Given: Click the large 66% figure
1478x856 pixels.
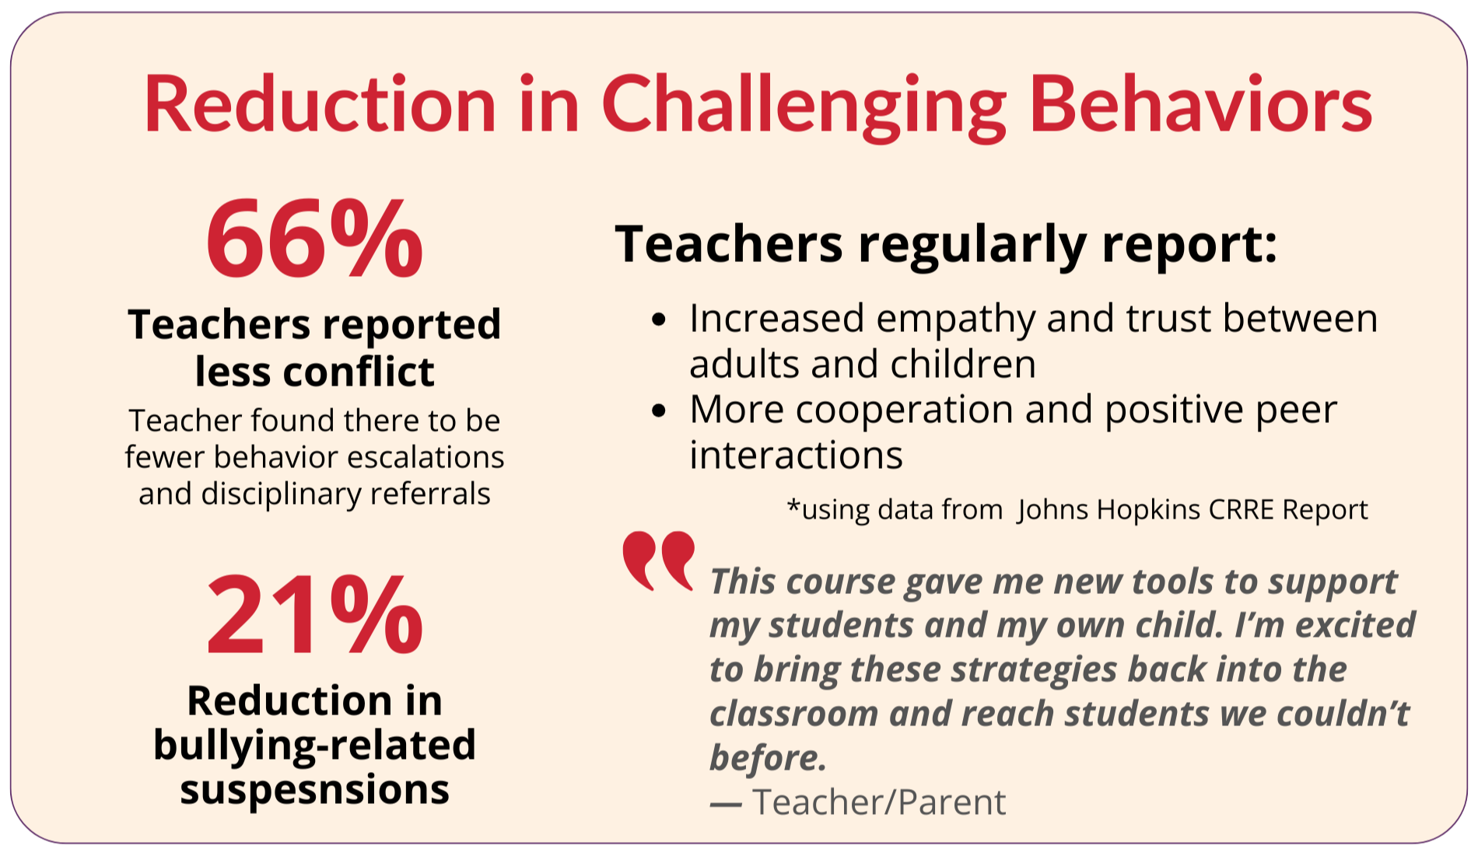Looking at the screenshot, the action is click(314, 238).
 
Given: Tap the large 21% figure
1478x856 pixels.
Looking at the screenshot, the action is click(314, 614).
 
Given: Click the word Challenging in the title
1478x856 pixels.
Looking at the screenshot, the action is click(804, 107).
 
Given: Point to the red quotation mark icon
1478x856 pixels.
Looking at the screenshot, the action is click(658, 561).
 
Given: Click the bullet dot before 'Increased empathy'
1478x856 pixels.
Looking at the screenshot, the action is click(659, 320).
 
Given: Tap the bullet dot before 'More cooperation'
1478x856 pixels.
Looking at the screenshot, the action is click(659, 411).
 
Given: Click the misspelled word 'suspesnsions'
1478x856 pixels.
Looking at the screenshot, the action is click(314, 790).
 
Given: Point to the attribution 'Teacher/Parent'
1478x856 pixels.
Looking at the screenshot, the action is click(879, 802).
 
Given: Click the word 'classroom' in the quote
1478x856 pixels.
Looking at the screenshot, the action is click(794, 714).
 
